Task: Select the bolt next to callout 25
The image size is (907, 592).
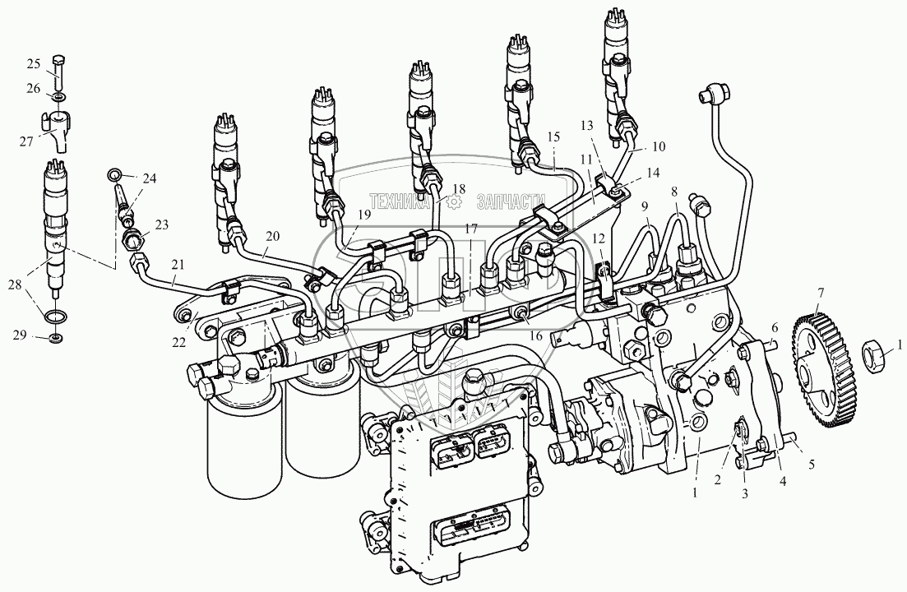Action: tap(59, 69)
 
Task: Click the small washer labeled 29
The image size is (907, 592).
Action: tap(56, 336)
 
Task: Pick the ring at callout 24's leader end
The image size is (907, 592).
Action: tap(114, 173)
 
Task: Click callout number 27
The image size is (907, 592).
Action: tap(26, 141)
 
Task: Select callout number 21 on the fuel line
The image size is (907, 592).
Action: tap(178, 264)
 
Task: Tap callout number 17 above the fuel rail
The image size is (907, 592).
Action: tap(471, 229)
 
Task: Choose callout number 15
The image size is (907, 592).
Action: tap(553, 137)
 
